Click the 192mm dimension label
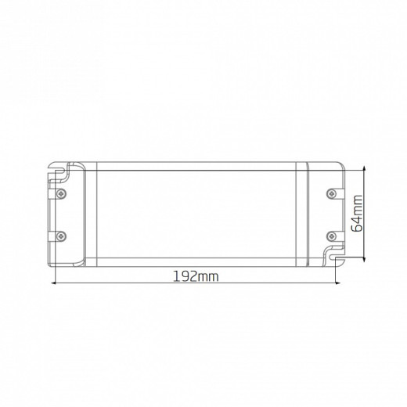196,276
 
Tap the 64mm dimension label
357,214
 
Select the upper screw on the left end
61,193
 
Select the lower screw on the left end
61,236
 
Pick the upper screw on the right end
332,193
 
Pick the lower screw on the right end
332,236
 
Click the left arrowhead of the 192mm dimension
54,283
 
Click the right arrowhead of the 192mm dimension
338,283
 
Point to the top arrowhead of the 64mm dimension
364,167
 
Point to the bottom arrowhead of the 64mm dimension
364,259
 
